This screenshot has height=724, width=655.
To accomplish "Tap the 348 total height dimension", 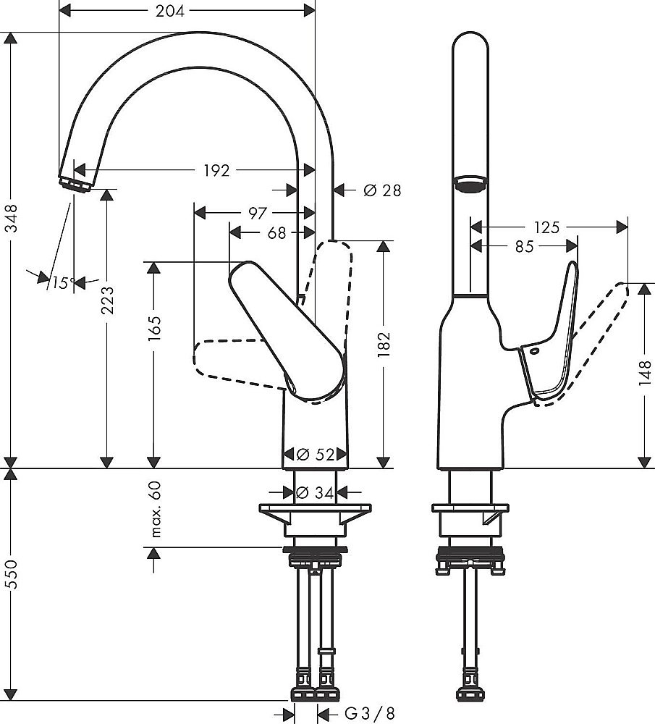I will (x=11, y=217).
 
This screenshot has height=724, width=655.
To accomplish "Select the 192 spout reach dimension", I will (x=216, y=171).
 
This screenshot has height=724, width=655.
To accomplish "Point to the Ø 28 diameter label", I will (x=381, y=190).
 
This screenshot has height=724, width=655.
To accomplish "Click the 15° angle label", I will (x=63, y=282).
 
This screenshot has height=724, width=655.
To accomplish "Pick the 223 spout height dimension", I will (x=107, y=308).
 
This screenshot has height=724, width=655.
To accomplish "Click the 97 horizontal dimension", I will (x=258, y=212).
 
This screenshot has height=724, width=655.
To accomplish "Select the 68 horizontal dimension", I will (x=276, y=232).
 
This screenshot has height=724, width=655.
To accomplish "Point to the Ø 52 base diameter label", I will (x=316, y=455).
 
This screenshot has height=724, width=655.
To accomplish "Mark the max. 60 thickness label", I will (x=153, y=510).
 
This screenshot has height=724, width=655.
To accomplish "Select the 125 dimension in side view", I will (x=548, y=227).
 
